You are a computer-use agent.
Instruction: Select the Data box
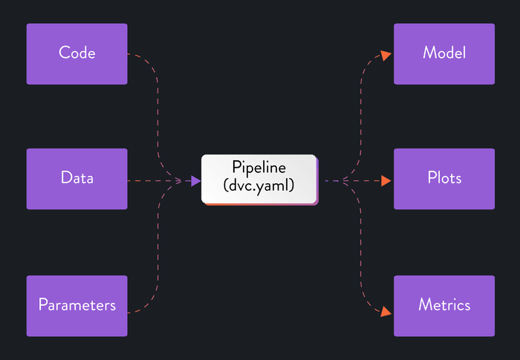[x=77, y=179]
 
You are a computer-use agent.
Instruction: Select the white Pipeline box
[x=259, y=179]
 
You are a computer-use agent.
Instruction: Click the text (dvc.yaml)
[x=259, y=188]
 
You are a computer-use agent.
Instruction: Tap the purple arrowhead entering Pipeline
[x=195, y=180]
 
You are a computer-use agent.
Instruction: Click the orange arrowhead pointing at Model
[x=386, y=54]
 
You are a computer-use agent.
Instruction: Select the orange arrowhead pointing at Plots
[x=386, y=180]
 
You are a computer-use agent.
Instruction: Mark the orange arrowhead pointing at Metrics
[x=386, y=312]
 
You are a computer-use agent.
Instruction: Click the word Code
[x=77, y=53]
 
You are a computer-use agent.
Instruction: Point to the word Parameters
[x=77, y=305]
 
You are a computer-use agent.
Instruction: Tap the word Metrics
[x=443, y=305]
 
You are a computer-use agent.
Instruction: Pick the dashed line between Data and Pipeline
[x=160, y=180]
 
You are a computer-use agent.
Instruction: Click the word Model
[x=443, y=53]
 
